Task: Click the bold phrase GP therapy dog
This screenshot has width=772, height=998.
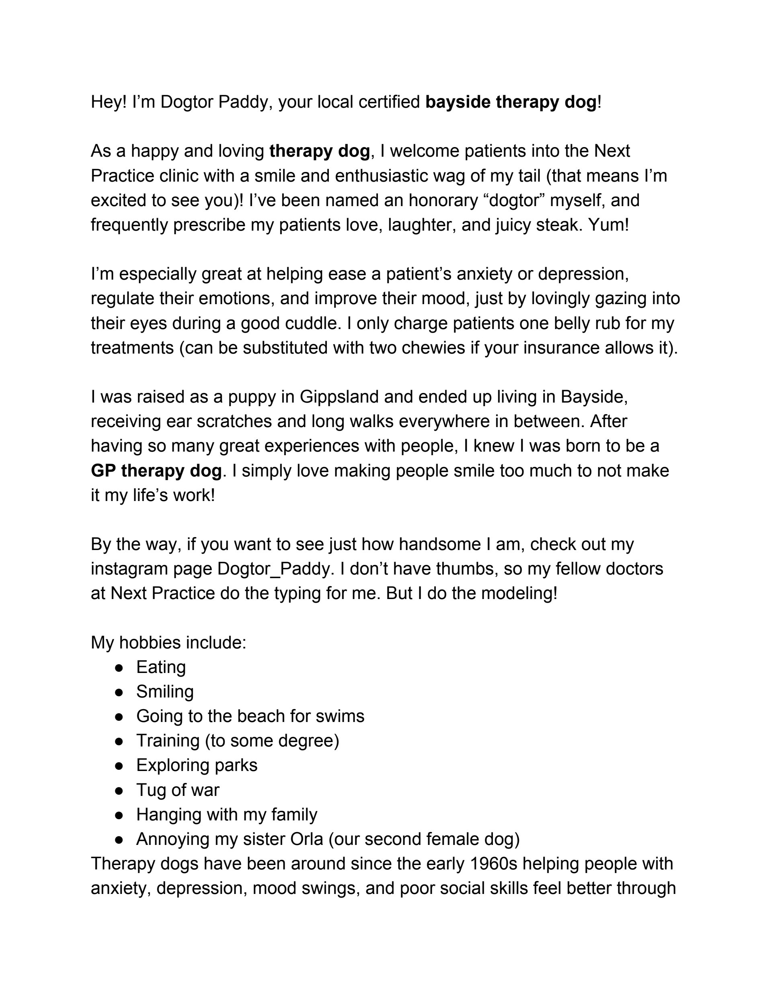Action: coord(156,470)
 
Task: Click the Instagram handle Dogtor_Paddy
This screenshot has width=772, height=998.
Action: coord(273,569)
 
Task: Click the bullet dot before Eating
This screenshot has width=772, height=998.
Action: coord(119,668)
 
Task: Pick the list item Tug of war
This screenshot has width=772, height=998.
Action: coord(177,790)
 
